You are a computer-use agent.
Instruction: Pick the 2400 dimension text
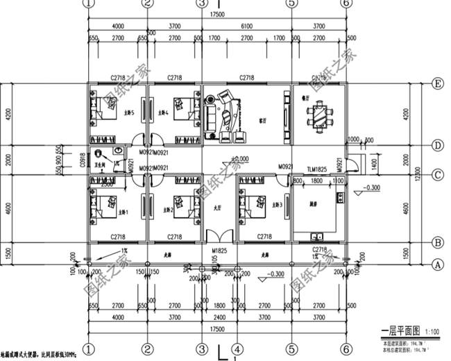click(x=219, y=312)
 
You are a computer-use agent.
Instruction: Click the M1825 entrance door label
click(x=219, y=249)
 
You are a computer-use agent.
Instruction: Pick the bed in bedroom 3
click(x=251, y=205)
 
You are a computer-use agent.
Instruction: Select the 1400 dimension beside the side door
click(x=374, y=164)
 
